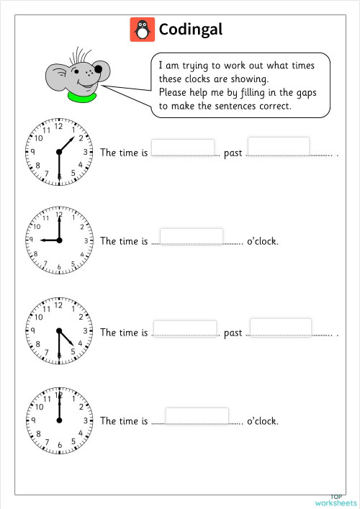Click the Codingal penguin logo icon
(142, 30)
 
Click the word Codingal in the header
(190, 30)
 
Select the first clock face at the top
(59, 151)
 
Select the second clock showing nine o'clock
(59, 240)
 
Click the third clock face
(59, 331)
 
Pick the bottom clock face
(59, 420)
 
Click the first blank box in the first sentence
(183, 147)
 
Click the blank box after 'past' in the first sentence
(279, 145)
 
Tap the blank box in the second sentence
(191, 236)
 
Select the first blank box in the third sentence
(184, 328)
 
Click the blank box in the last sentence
(197, 416)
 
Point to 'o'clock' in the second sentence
(262, 240)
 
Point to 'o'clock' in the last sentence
(262, 420)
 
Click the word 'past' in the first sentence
(233, 153)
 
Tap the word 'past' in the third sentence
(233, 333)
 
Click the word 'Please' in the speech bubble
(171, 92)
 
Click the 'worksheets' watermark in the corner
(336, 502)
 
